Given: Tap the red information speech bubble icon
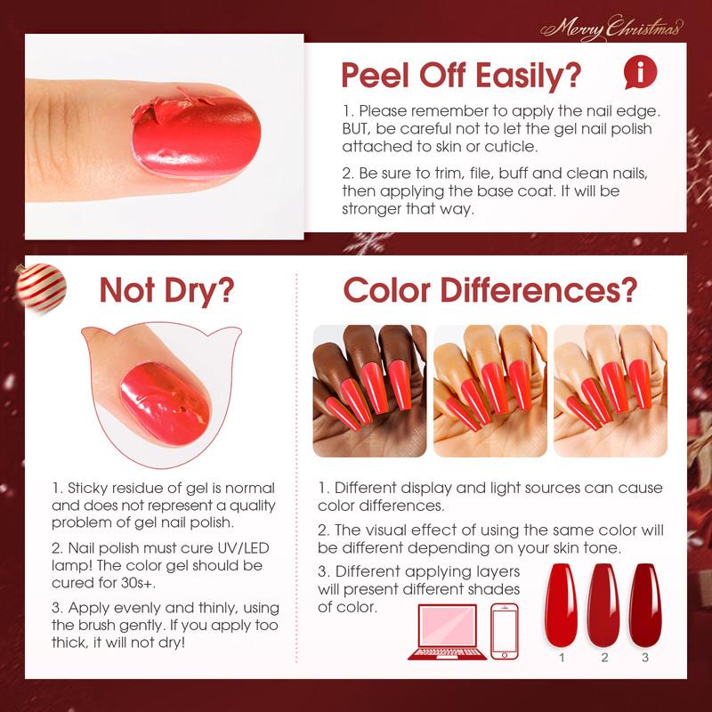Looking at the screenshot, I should (x=641, y=70).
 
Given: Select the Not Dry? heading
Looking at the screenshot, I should (x=166, y=289).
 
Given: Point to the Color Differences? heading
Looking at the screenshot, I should (x=489, y=289).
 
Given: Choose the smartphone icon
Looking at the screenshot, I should (x=505, y=631).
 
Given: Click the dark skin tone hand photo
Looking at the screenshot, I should (x=369, y=390).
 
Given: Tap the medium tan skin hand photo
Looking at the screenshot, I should (x=489, y=390).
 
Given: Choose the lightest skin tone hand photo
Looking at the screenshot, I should (x=610, y=390).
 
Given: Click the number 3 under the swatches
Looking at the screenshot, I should (x=646, y=658).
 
